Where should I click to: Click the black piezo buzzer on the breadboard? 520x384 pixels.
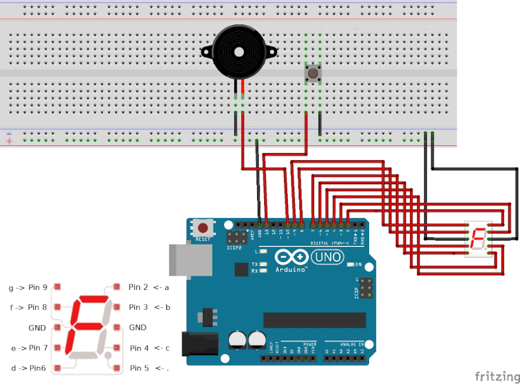(239, 51)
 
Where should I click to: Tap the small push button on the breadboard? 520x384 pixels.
(313, 74)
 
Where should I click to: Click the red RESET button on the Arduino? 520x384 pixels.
(203, 227)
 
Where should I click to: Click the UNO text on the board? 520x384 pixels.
(327, 257)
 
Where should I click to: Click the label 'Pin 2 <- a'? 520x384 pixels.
(148, 287)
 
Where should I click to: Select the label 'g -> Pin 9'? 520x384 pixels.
(28, 287)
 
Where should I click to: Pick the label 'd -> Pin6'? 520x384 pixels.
(28, 368)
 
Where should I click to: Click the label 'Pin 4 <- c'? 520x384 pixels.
(150, 348)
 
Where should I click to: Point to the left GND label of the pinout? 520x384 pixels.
(37, 328)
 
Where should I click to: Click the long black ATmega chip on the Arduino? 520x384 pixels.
(314, 320)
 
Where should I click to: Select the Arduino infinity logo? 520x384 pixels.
(292, 257)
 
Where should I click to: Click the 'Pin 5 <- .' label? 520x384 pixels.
(149, 368)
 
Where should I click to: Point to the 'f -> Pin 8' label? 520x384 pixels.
(29, 307)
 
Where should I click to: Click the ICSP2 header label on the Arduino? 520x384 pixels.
(234, 247)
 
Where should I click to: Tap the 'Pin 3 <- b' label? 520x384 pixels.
(149, 307)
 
